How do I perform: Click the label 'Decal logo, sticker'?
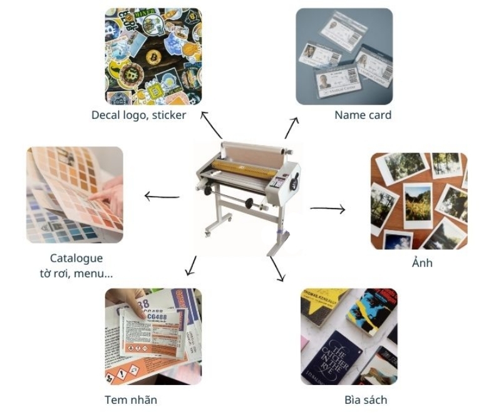(x=138, y=115)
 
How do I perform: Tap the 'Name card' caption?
(x=363, y=115)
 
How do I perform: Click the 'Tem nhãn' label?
(x=131, y=399)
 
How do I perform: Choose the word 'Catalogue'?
(x=76, y=258)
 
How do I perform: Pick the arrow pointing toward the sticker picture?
(x=211, y=125)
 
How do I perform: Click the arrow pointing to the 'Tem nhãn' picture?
(x=191, y=265)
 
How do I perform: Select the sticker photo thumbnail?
(x=153, y=56)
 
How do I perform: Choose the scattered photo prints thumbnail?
(x=419, y=201)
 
